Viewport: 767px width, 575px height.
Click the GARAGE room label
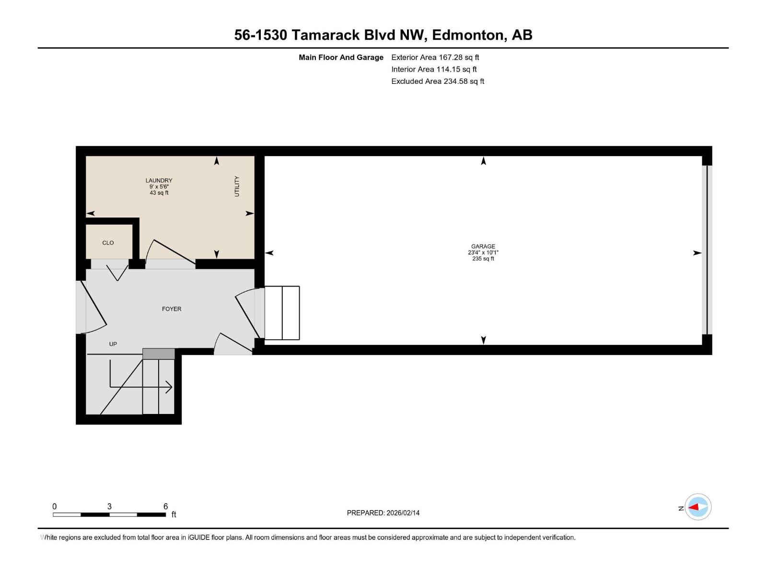483,246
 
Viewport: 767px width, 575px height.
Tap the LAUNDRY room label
159,181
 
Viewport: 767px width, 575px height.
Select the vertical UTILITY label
237,186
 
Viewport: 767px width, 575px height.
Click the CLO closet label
108,243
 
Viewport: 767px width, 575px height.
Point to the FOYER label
172,309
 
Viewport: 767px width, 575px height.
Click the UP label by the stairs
113,344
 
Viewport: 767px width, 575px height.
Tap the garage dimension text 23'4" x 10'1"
483,253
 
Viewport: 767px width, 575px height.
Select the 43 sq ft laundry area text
159,193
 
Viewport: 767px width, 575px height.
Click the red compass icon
697,507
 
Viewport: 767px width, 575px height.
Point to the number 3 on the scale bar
109,506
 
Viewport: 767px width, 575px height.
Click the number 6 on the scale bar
165,506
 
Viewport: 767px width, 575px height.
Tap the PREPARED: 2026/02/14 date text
383,513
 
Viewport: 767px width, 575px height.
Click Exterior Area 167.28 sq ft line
435,57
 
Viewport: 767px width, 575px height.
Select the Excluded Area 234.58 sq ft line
437,81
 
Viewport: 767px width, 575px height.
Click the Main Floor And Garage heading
341,57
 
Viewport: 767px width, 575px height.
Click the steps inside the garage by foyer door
282,313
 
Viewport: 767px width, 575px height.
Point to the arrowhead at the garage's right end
697,253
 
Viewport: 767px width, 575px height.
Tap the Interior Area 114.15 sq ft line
434,69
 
